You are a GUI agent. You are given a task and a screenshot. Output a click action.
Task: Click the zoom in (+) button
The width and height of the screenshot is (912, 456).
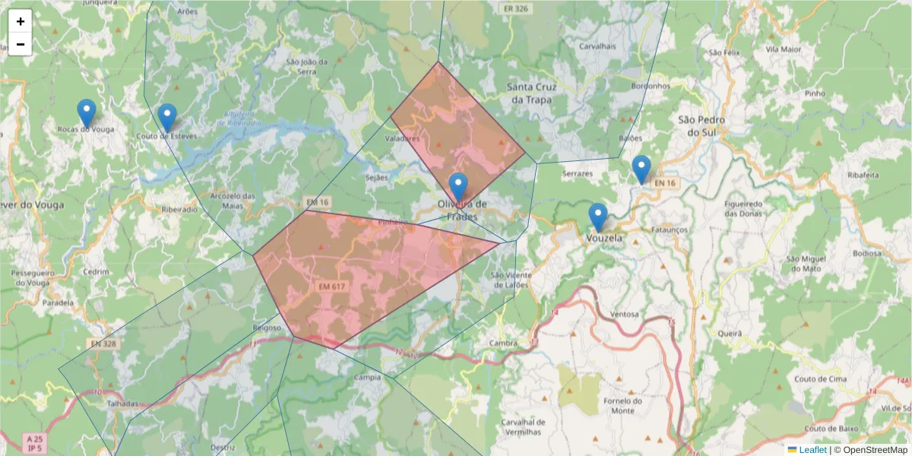tap(21, 21)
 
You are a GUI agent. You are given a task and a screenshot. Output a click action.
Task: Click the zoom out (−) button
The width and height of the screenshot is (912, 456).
tap(21, 44)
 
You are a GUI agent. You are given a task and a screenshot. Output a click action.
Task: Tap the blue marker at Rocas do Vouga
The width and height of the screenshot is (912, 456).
tap(87, 113)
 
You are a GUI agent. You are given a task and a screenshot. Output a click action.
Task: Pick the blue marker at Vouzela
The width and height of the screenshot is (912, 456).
tap(598, 217)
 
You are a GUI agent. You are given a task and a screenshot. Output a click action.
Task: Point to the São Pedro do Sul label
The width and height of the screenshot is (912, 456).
tap(701, 126)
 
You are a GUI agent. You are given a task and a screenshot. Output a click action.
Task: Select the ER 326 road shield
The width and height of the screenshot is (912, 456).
tap(516, 8)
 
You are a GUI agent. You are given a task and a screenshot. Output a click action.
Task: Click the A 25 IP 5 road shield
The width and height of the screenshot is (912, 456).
tap(33, 444)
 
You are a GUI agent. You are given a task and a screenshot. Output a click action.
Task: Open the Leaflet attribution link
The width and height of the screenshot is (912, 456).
tap(812, 450)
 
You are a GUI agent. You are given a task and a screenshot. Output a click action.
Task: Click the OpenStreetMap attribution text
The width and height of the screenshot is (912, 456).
tap(875, 450)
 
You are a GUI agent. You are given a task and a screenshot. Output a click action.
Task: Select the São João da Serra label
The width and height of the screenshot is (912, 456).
tap(301, 66)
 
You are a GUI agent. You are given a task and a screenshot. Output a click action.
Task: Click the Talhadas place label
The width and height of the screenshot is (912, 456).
tap(122, 404)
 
